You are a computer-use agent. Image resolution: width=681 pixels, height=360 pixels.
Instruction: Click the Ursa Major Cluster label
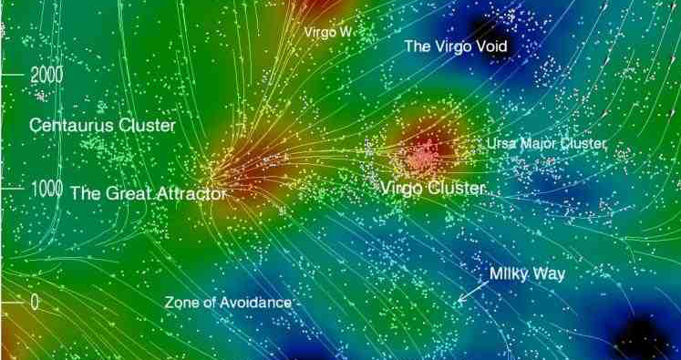pos(545,144)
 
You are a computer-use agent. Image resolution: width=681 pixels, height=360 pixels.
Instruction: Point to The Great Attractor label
pos(147,193)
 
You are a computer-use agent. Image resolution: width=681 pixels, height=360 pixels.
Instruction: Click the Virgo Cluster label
pos(433,188)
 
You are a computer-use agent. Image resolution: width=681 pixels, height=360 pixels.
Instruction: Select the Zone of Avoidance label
pos(228,302)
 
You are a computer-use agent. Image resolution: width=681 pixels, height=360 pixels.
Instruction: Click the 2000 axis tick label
pos(46,75)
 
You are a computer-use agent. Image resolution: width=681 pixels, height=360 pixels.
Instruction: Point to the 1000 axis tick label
pos(46,189)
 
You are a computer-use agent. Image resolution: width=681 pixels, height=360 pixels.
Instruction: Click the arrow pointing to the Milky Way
pos(469,293)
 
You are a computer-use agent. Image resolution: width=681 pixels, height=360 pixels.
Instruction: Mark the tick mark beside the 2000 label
pos(14,73)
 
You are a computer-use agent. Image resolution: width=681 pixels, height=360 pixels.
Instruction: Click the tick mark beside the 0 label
pos(14,302)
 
